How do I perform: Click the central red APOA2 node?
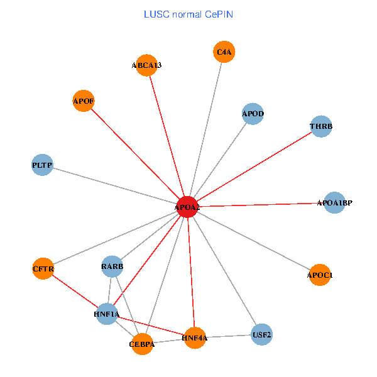point(187,207)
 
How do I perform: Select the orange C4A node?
point(224,53)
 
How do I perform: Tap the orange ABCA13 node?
point(146,65)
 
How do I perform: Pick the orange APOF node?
point(84,101)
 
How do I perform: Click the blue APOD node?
point(253,114)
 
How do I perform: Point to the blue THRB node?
point(321,127)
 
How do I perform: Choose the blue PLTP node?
point(42,165)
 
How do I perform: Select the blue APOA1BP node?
point(334,202)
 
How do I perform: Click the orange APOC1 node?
point(320,275)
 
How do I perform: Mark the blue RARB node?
point(112,267)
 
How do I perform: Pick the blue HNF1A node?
point(107,314)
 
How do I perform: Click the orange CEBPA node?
point(143,344)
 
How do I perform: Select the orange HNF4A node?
point(195,338)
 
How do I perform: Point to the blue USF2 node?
point(261,334)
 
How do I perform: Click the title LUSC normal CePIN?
point(188,14)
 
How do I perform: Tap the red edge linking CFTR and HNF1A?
point(75,291)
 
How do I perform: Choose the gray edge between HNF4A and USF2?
point(228,336)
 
